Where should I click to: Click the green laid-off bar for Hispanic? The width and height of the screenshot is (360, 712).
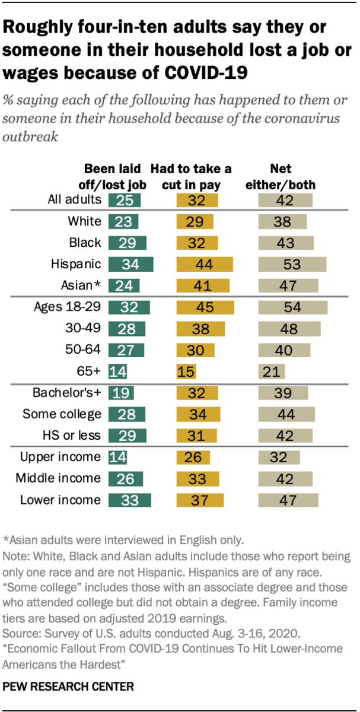130,264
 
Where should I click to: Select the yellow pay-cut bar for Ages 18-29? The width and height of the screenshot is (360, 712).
205,307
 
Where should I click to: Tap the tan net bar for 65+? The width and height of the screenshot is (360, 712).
272,372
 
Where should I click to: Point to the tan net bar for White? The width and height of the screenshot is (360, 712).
282,222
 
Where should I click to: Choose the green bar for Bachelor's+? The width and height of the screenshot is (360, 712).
121,392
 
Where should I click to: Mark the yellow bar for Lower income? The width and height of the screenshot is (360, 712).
200,500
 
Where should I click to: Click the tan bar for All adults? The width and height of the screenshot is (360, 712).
285,200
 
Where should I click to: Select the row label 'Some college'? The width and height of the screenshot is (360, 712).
62,414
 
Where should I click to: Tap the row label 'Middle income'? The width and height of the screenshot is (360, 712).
60,478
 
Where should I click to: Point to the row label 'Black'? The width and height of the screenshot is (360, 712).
85,243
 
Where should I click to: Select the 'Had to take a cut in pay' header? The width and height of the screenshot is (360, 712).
190,176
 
